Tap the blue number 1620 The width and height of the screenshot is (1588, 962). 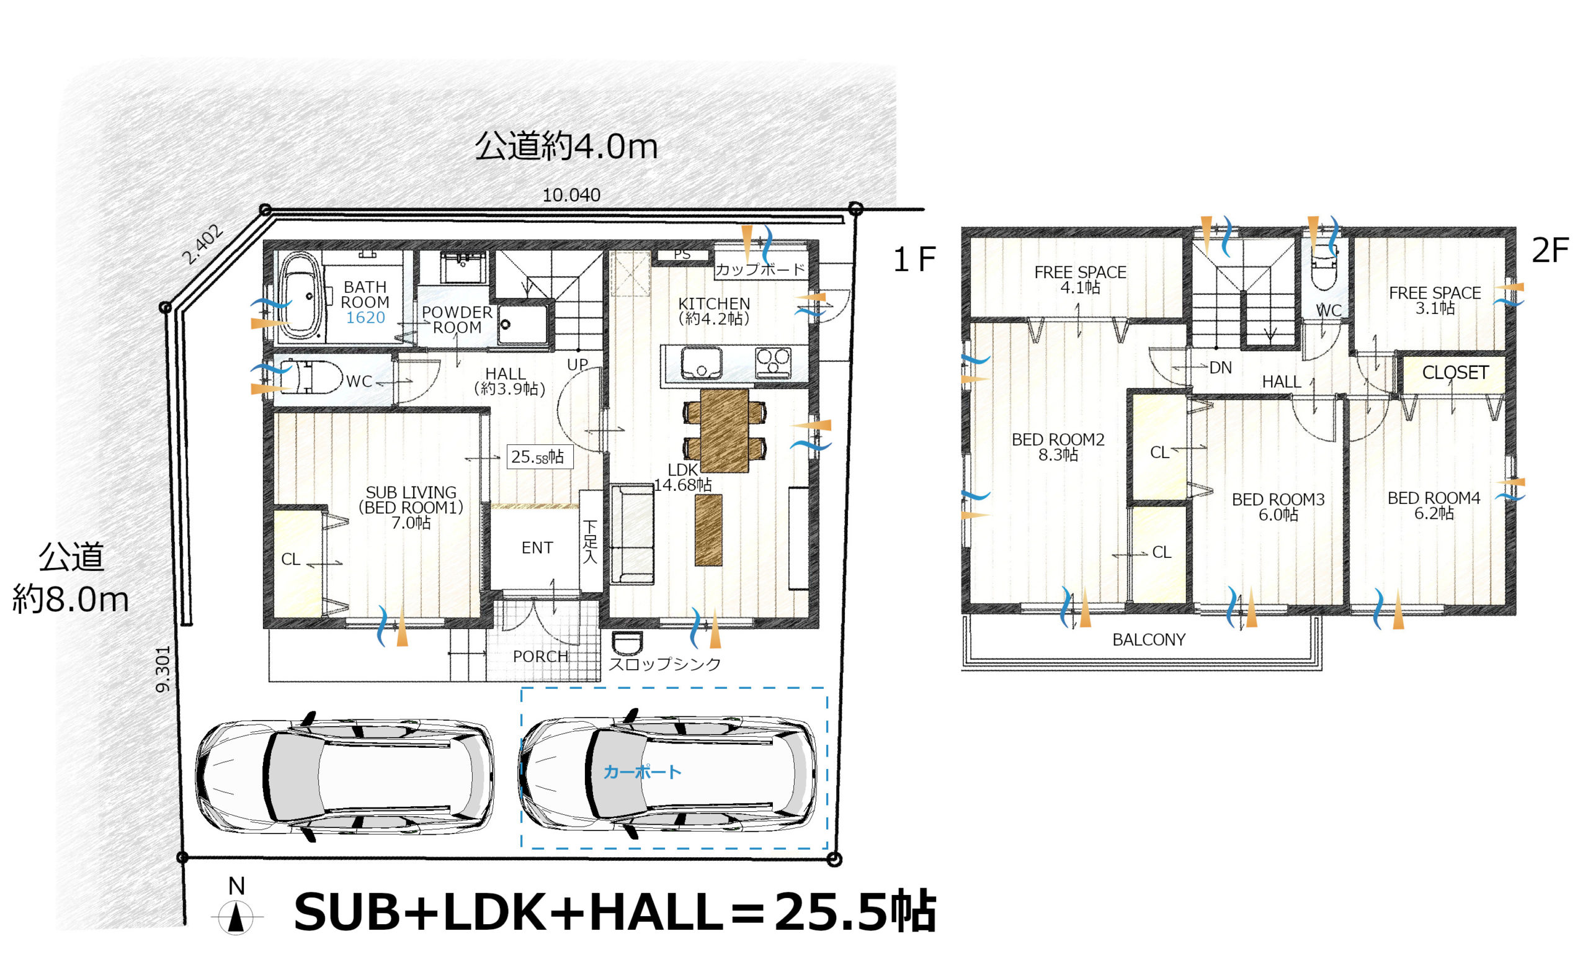pyautogui.click(x=365, y=318)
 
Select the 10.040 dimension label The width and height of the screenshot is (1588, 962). pyautogui.click(x=571, y=195)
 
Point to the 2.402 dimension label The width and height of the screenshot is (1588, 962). pyautogui.click(x=202, y=245)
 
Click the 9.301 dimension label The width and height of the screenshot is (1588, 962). pyautogui.click(x=163, y=669)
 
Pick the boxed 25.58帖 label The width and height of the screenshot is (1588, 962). pyautogui.click(x=540, y=457)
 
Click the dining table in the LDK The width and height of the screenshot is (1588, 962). pyautogui.click(x=725, y=431)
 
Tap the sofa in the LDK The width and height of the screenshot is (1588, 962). pyautogui.click(x=631, y=534)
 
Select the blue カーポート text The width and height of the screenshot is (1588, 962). pyautogui.click(x=642, y=772)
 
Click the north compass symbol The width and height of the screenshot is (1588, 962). pyautogui.click(x=236, y=916)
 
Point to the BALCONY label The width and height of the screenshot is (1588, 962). pyautogui.click(x=1148, y=641)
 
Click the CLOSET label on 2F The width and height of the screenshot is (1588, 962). pyautogui.click(x=1455, y=372)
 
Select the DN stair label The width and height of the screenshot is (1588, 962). pyautogui.click(x=1221, y=368)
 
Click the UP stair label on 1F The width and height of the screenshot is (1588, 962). pyautogui.click(x=578, y=365)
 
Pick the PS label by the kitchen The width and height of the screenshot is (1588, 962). pyautogui.click(x=682, y=254)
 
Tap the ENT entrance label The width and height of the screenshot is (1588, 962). pyautogui.click(x=537, y=548)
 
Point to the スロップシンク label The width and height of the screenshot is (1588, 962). pyautogui.click(x=664, y=665)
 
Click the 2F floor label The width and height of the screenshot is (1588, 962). pyautogui.click(x=1550, y=251)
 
